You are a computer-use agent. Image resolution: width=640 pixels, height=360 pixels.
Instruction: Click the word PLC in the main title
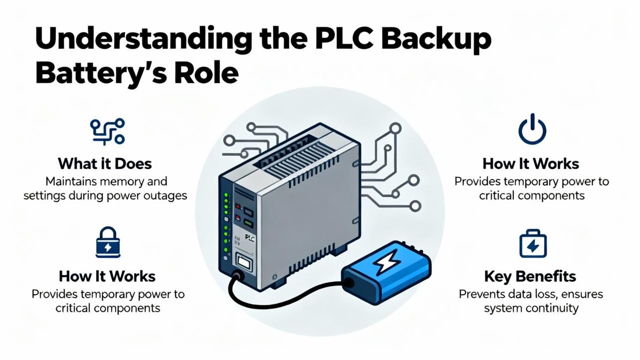click(340, 38)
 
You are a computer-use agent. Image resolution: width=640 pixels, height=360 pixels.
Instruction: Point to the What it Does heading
click(105, 164)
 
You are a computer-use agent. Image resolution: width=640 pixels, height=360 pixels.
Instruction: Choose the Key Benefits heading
click(530, 276)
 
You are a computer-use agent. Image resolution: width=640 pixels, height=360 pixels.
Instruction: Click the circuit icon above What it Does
click(107, 131)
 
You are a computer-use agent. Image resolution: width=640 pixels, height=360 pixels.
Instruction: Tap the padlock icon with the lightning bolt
click(107, 243)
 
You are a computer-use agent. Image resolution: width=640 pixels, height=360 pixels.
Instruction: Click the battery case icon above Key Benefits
click(532, 244)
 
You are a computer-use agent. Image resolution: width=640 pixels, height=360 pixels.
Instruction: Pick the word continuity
click(551, 308)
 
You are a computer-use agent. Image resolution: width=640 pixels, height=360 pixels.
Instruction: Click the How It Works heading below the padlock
click(107, 276)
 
